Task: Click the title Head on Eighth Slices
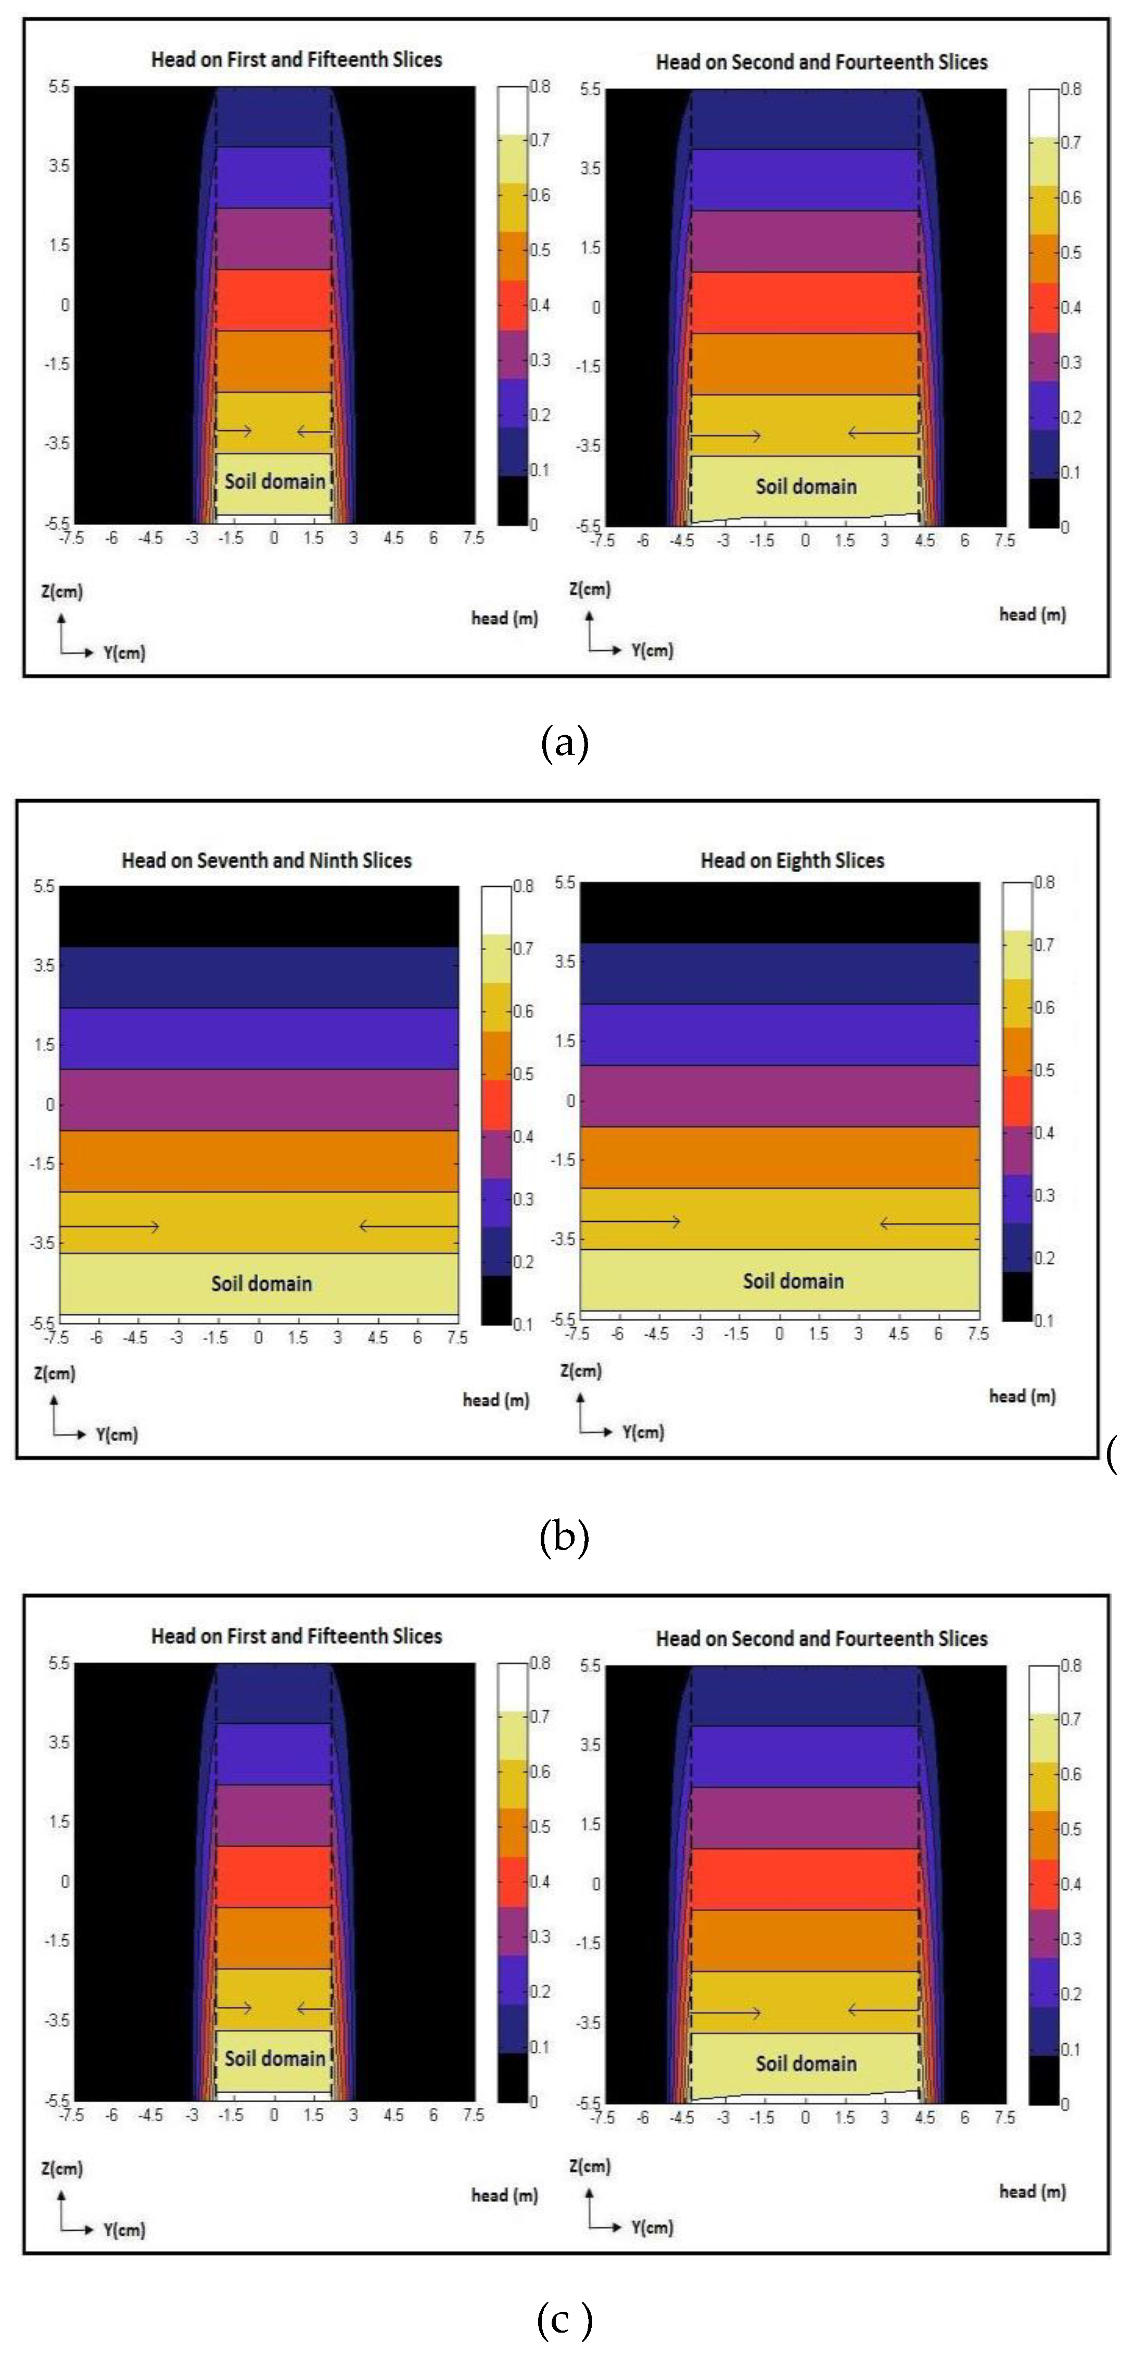(x=792, y=860)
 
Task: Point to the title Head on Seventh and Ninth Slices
(x=266, y=860)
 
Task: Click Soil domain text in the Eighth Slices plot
(x=793, y=1281)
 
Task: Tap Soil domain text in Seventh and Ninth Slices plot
(x=262, y=1284)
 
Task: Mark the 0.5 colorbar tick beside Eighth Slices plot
(x=1043, y=1070)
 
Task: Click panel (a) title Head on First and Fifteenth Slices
(x=296, y=59)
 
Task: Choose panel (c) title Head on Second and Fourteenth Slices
(x=821, y=1639)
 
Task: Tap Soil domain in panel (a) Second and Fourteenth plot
(x=806, y=487)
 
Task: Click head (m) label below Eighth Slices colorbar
(x=1022, y=1396)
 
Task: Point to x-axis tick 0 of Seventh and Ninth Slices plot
(x=259, y=1337)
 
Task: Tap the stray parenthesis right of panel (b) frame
(x=1111, y=1454)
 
